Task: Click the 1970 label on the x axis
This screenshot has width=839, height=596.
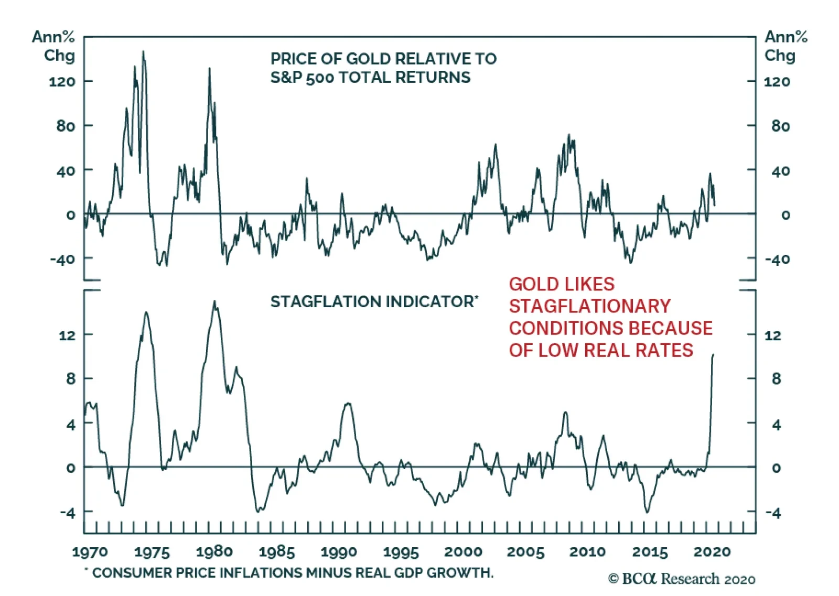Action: pos(90,551)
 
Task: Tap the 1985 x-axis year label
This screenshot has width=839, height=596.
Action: pos(276,551)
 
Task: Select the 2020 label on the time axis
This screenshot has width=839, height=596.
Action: pos(712,551)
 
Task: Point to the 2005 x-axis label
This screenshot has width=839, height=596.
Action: pos(525,551)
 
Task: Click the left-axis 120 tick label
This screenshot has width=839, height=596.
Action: pos(62,81)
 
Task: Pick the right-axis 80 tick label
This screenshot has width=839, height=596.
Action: pos(780,126)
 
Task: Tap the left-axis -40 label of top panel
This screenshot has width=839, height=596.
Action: pos(62,259)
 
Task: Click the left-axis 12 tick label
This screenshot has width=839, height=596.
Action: pos(67,335)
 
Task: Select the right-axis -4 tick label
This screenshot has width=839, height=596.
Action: pos(773,513)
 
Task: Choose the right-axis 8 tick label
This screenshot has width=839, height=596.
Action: pos(776,378)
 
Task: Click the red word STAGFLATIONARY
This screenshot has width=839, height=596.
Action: pos(589,306)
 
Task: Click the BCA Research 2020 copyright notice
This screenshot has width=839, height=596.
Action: pos(681,579)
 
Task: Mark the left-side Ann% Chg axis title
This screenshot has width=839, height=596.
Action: pos(53,46)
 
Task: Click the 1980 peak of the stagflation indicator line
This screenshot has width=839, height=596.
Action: pos(214,301)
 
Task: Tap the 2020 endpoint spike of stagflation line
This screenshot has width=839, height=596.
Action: pos(713,355)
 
